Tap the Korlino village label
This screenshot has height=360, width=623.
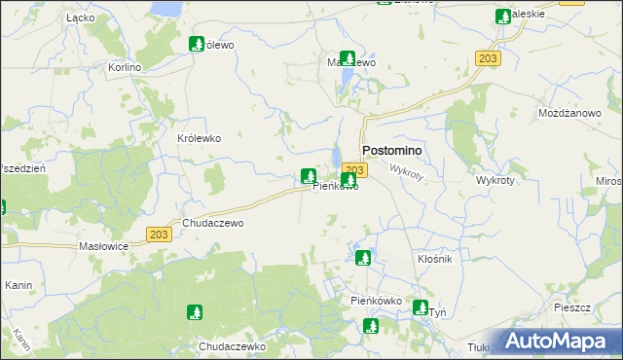[126, 67]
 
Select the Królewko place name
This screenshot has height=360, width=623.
[200, 138]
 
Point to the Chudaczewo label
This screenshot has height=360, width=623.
[212, 223]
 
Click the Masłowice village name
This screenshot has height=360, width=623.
[104, 246]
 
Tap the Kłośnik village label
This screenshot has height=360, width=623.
[435, 261]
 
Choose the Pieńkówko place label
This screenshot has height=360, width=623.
[377, 302]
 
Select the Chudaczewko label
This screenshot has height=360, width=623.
[232, 346]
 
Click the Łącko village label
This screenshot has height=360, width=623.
[79, 18]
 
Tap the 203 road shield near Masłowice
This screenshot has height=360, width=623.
[161, 234]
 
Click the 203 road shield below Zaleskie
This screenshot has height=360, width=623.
[488, 59]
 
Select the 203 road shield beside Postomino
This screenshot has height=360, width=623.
[354, 169]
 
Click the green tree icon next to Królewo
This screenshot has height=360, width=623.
[196, 44]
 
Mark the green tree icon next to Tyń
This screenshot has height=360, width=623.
[420, 308]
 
